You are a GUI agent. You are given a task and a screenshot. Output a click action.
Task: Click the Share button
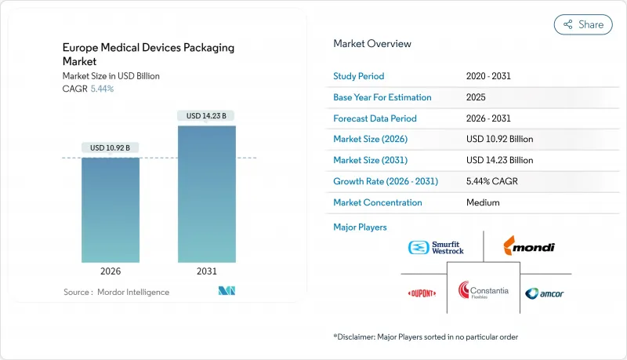tap(583, 24)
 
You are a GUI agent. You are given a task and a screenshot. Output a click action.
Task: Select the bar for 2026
tap(111, 209)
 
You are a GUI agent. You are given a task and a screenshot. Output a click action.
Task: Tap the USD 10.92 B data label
tap(111, 147)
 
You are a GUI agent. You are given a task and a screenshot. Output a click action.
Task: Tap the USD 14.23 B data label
tap(207, 116)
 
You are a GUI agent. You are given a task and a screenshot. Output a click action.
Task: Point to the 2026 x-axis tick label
tap(111, 272)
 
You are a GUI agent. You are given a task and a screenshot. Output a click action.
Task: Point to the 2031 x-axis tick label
tap(207, 272)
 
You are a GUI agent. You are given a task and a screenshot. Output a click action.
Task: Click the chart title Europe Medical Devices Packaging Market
tap(148, 54)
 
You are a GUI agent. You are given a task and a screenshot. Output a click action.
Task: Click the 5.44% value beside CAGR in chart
tap(102, 89)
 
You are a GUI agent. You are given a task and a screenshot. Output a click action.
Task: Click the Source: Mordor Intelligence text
tap(116, 292)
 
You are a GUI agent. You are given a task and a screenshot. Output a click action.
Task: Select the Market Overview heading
tap(371, 43)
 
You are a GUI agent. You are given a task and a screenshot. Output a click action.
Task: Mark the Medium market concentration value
tap(484, 202)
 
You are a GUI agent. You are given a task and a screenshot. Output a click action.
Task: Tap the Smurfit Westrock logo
tap(437, 248)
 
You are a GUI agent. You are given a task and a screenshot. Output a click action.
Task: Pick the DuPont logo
tap(422, 293)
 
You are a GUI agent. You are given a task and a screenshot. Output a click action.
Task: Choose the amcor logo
tap(544, 293)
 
